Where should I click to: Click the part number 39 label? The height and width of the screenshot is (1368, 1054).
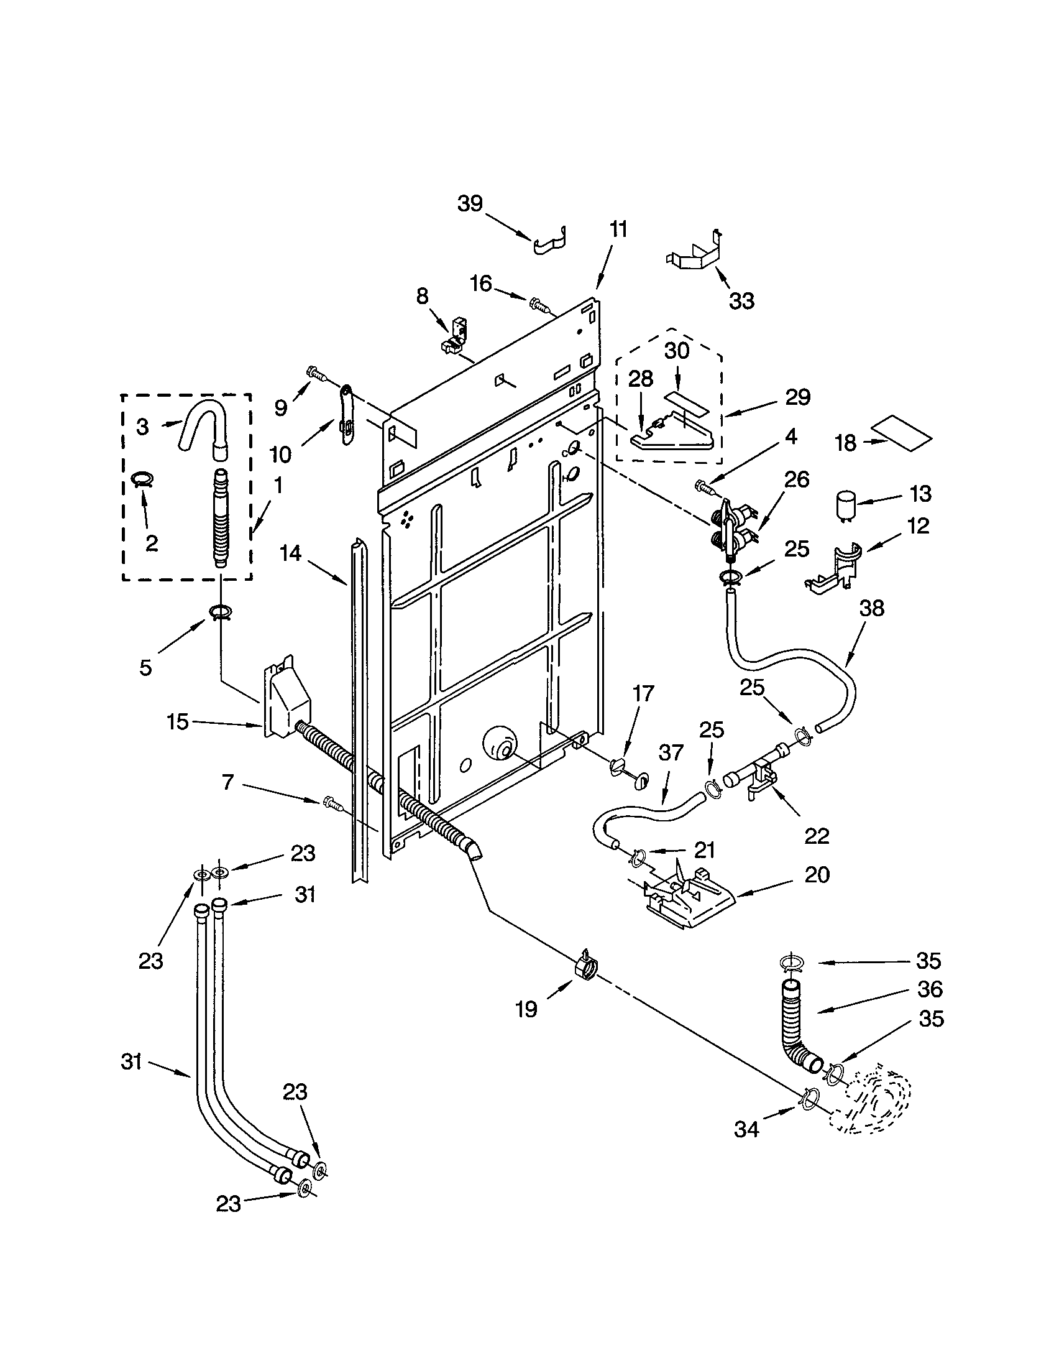point(469,203)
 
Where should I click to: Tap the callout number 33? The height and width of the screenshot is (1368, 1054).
point(741,301)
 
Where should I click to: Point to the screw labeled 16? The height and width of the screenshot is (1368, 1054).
point(537,305)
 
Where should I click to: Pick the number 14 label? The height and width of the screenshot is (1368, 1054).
point(290,553)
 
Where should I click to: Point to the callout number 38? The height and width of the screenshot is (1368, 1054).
point(872,608)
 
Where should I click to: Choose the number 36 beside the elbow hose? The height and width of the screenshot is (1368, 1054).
point(930,989)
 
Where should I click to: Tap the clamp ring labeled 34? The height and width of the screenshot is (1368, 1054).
point(809,1098)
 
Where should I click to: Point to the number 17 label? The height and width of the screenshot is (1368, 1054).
point(643,694)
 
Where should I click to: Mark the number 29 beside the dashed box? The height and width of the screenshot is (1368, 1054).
point(797,397)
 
